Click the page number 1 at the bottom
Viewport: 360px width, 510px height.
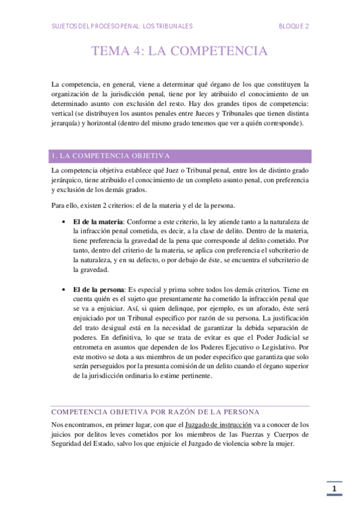click(334, 489)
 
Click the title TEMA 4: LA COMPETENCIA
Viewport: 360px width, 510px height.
click(180, 51)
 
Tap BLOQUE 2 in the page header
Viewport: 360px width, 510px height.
click(294, 26)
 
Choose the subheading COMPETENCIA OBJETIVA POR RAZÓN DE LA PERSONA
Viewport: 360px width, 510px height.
click(156, 412)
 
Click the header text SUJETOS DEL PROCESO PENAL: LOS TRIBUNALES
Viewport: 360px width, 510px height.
click(122, 26)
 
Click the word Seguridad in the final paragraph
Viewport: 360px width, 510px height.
click(66, 444)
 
